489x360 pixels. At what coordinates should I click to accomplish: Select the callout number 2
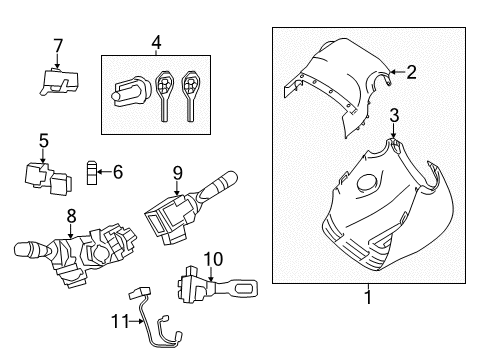pyautogui.click(x=409, y=70)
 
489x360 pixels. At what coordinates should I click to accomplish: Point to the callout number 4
pyautogui.click(x=156, y=42)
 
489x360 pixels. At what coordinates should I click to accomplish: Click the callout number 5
pyautogui.click(x=43, y=140)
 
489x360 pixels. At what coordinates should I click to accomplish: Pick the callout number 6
pyautogui.click(x=117, y=172)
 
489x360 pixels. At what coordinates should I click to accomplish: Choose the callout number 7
pyautogui.click(x=57, y=44)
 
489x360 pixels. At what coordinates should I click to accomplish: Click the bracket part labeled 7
pyautogui.click(x=59, y=81)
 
